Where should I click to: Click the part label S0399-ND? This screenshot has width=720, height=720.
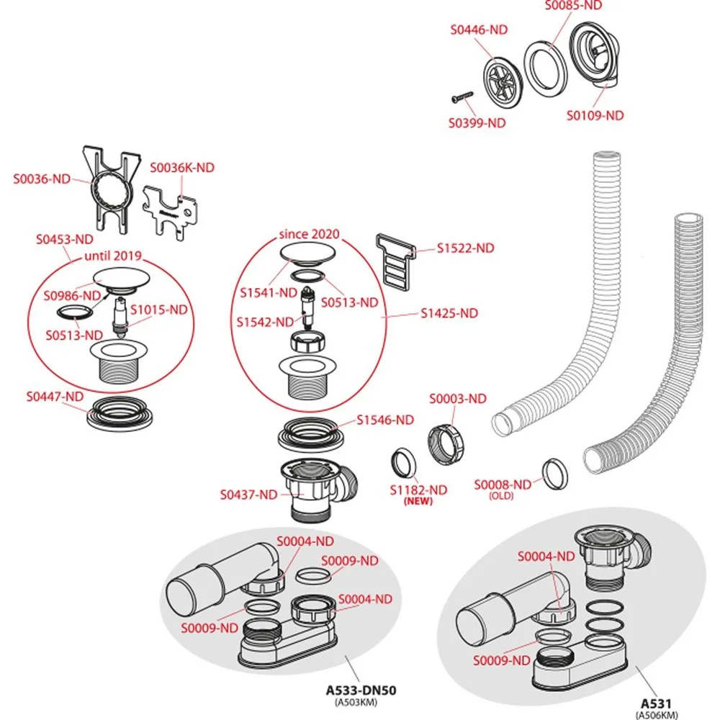477,123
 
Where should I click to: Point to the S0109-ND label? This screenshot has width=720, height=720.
594,115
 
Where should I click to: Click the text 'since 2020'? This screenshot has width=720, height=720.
309,234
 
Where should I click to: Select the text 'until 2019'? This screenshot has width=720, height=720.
113,255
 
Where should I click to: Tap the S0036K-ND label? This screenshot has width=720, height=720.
182,168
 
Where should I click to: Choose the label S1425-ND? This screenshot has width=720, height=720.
449,313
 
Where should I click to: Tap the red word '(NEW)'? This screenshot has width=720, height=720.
418,501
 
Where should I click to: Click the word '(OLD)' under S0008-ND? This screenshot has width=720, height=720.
502,496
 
